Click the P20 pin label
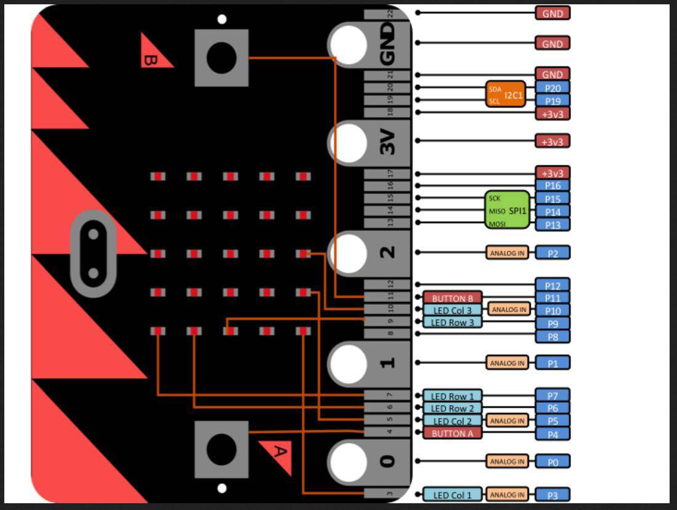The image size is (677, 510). pyautogui.click(x=553, y=88)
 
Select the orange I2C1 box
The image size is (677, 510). pyautogui.click(x=506, y=94)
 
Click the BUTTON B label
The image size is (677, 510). pyautogui.click(x=452, y=298)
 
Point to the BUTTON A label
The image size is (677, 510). pyautogui.click(x=452, y=433)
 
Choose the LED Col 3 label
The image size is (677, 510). pyautogui.click(x=452, y=310)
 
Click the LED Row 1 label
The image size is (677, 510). pyautogui.click(x=452, y=396)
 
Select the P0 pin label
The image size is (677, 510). pyautogui.click(x=553, y=461)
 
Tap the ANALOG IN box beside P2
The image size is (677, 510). pyautogui.click(x=508, y=253)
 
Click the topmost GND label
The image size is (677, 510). pyautogui.click(x=553, y=13)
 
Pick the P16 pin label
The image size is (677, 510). pyautogui.click(x=553, y=185)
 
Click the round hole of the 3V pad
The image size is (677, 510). pyautogui.click(x=348, y=142)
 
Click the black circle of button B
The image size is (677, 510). pyautogui.click(x=221, y=58)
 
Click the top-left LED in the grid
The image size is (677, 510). pyautogui.click(x=158, y=177)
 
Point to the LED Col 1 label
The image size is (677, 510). pyautogui.click(x=452, y=495)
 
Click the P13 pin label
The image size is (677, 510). pyautogui.click(x=553, y=225)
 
